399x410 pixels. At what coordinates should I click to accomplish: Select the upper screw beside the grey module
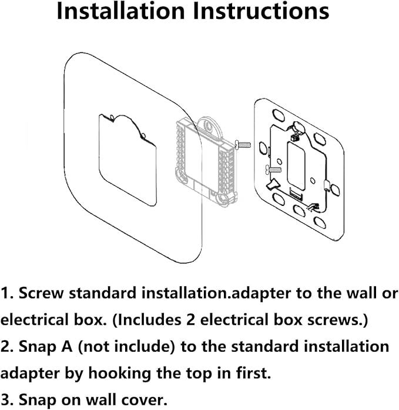(243, 143)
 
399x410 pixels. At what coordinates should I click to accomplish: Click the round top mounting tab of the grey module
(207, 124)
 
